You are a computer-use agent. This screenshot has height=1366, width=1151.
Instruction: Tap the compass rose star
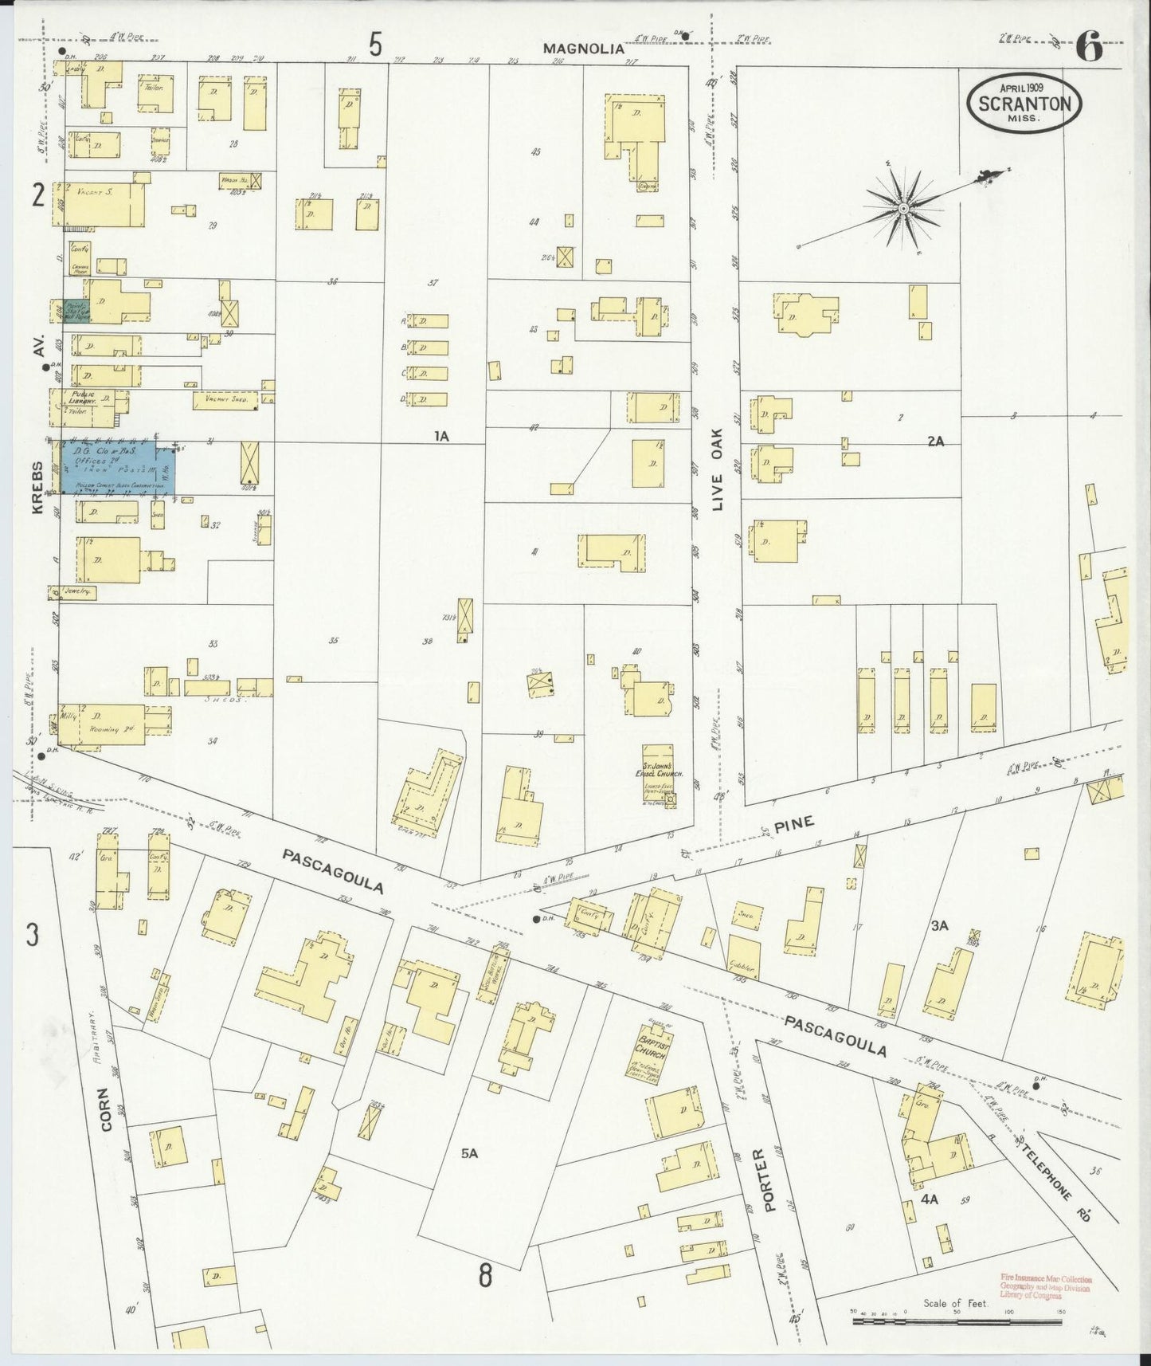coord(904,209)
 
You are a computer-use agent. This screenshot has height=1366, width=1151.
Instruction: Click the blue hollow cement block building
coord(119,467)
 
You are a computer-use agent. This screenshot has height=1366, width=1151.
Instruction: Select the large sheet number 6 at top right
coord(1089,49)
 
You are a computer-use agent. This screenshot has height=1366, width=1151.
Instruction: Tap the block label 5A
coord(468,1152)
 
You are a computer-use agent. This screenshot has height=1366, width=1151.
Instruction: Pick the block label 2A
coord(935,441)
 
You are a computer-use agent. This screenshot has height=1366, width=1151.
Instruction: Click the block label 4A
coord(929,1198)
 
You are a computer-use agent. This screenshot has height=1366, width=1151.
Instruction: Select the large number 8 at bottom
coord(485,1275)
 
